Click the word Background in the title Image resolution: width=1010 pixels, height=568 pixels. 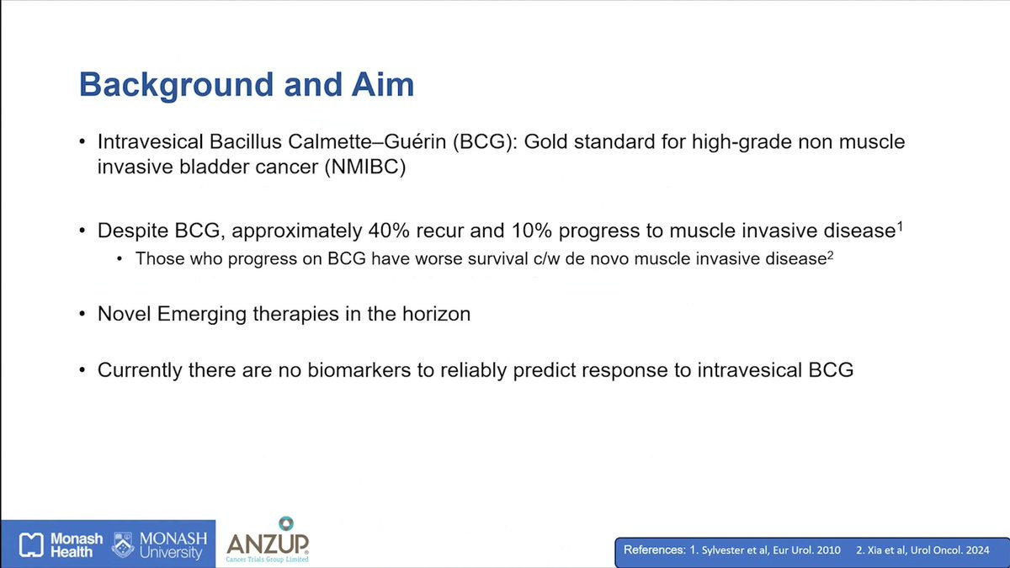[176, 85]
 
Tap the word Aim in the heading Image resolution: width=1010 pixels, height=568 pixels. [383, 84]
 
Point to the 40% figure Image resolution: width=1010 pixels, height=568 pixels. [389, 231]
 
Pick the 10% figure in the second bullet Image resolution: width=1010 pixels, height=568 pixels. [532, 231]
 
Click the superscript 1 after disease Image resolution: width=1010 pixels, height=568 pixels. [900, 226]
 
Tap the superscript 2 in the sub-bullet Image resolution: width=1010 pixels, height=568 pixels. [830, 256]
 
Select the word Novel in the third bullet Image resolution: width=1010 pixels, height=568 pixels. [124, 314]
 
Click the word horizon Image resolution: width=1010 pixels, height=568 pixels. [437, 314]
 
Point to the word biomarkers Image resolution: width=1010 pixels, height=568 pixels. [359, 369]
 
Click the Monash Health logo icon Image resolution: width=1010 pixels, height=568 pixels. [31, 544]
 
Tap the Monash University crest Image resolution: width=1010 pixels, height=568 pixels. [123, 544]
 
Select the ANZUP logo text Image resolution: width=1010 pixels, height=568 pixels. [268, 544]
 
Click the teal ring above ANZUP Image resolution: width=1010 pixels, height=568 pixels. [286, 523]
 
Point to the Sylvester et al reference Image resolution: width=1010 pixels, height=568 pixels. [765, 550]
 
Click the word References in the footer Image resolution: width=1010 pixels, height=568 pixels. [655, 550]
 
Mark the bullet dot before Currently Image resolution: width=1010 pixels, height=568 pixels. [82, 370]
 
